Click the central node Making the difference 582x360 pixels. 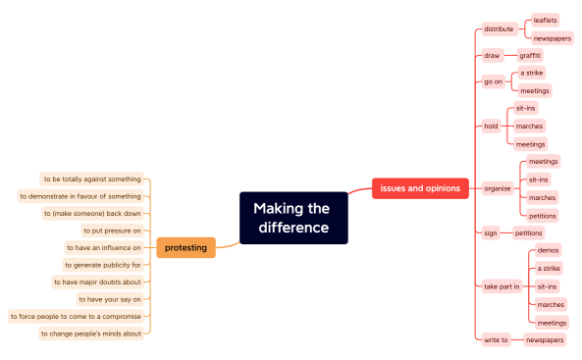(x=293, y=218)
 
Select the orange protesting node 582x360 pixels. (x=185, y=247)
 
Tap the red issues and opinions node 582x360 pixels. (x=420, y=187)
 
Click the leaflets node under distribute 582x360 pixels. (x=546, y=20)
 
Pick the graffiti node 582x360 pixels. (x=530, y=55)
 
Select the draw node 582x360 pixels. (x=492, y=55)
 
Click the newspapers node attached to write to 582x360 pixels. (x=545, y=339)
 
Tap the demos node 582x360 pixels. (x=548, y=250)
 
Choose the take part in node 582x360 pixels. (x=502, y=286)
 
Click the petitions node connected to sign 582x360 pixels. (x=528, y=233)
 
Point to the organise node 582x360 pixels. (x=497, y=187)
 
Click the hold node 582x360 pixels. (x=491, y=126)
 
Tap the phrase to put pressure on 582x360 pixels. (x=112, y=231)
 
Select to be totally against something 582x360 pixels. (x=92, y=179)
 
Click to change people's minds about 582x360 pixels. (x=91, y=334)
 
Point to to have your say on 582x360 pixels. (x=109, y=299)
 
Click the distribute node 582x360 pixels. (x=499, y=28)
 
